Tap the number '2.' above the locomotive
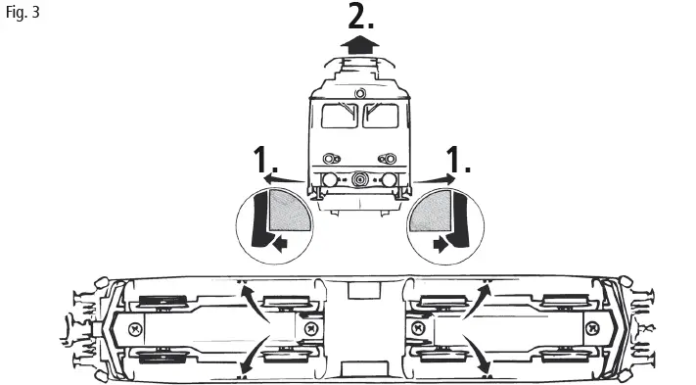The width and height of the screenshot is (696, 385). tap(361, 17)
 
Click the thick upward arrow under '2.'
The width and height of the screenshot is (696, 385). tap(361, 45)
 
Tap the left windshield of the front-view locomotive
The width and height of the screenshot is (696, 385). tap(339, 118)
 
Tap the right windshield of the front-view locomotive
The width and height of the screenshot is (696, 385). tap(383, 118)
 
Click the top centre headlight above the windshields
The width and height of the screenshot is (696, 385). tap(361, 94)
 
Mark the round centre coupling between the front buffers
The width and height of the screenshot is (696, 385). tap(361, 180)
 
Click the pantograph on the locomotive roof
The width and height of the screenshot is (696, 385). tap(361, 67)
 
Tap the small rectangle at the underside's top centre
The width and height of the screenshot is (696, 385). tap(362, 291)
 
